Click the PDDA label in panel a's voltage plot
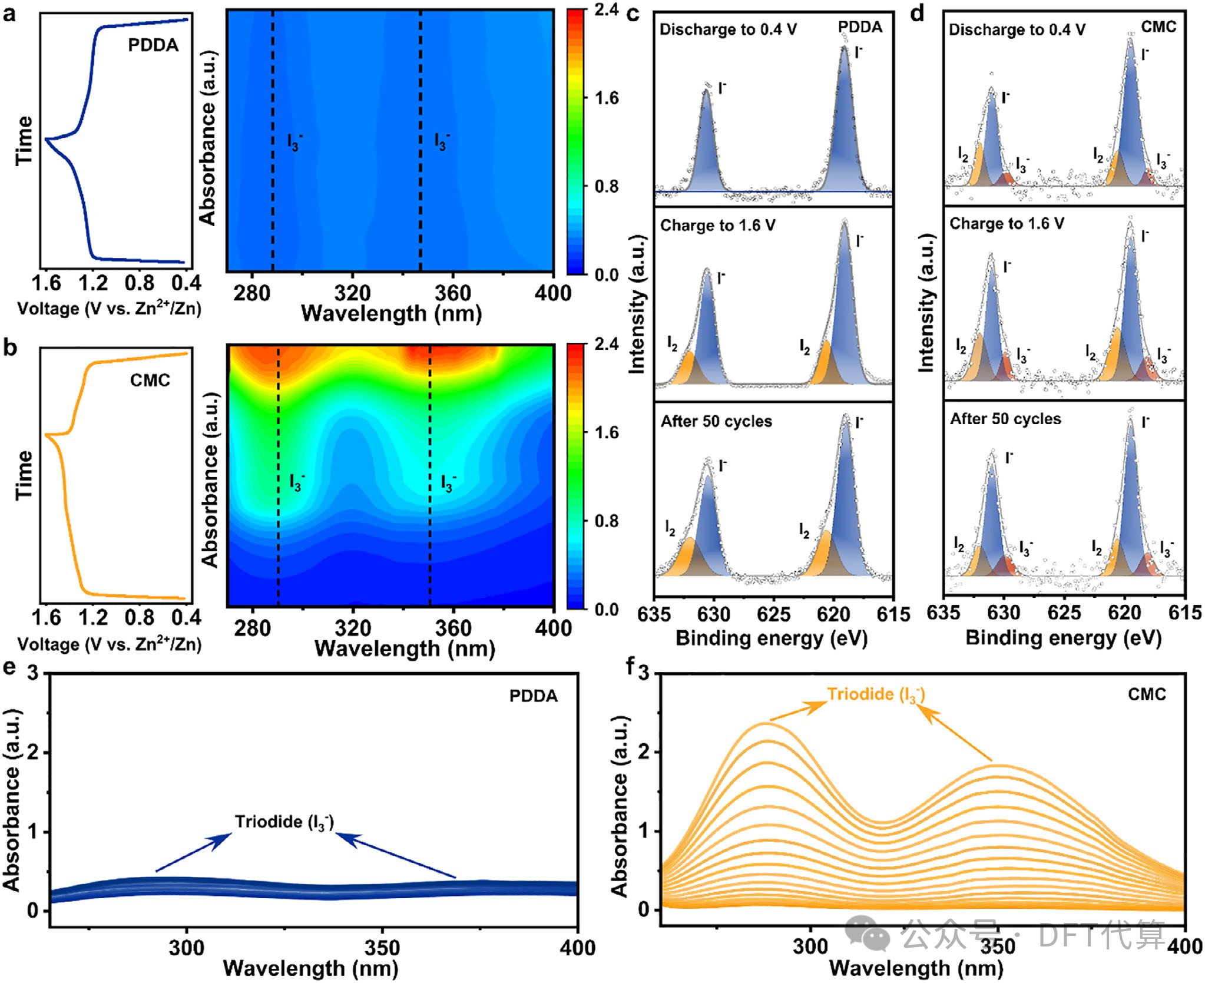tap(153, 45)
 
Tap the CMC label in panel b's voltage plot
tap(150, 380)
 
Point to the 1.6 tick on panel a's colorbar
tap(607, 98)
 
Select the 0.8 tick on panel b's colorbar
tap(607, 521)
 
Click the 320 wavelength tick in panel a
tap(352, 293)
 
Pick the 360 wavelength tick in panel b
tap(453, 628)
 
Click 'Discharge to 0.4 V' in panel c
tap(728, 29)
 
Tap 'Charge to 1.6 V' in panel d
tap(1007, 223)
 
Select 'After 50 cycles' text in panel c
tap(716, 421)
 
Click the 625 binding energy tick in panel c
tap(773, 614)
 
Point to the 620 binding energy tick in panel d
tap(1124, 613)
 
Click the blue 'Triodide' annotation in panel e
tap(284, 822)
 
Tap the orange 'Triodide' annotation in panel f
tap(876, 694)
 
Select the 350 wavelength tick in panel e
tap(382, 948)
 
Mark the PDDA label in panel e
tap(534, 696)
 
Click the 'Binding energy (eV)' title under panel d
tap(1064, 638)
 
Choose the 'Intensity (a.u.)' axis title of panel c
tap(638, 304)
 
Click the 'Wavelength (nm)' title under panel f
tap(916, 968)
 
